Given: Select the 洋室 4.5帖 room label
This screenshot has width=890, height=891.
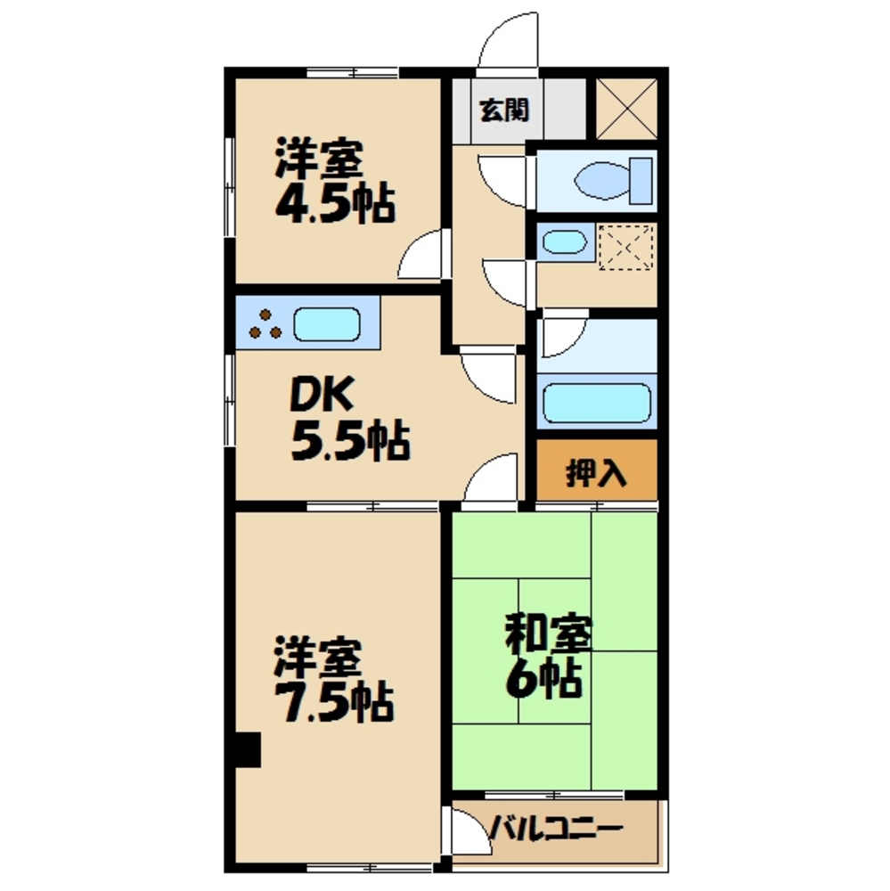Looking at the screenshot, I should [332, 183].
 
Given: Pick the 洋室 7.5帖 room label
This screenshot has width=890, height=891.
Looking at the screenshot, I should [331, 680].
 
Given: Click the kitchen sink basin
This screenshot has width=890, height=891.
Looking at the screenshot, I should [327, 324].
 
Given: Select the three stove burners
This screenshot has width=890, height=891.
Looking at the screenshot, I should [265, 324].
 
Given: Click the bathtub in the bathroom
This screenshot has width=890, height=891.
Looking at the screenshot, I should [596, 404].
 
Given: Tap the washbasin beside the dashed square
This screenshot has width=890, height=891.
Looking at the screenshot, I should [564, 242].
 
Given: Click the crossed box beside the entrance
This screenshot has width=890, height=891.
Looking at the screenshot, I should [626, 108].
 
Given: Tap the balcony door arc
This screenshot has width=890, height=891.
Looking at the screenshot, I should [465, 833].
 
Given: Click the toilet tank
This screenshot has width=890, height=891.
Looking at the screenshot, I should [641, 181].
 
